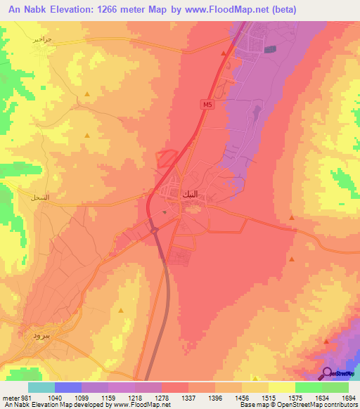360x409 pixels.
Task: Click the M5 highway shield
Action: point(206,105)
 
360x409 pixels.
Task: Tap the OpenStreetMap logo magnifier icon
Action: point(327,372)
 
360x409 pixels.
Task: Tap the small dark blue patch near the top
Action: point(271,48)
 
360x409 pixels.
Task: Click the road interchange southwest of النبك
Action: point(152,226)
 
